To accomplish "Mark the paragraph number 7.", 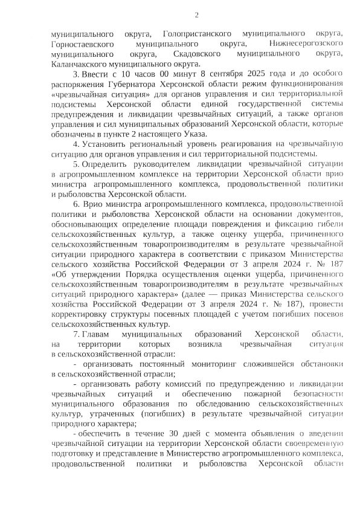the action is click(x=75, y=334).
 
